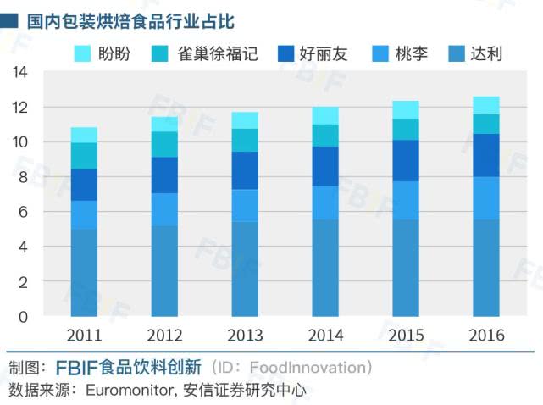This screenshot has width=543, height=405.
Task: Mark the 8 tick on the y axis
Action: coord(24,177)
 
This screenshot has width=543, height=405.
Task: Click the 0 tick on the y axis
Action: coord(24,316)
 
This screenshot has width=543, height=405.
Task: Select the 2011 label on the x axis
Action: coord(84,336)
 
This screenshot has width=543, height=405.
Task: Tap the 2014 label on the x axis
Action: coord(325,336)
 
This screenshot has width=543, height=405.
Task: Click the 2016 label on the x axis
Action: coord(485,336)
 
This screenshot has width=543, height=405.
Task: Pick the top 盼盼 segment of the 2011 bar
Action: coord(84,135)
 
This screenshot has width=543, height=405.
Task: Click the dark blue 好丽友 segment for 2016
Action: coord(485,155)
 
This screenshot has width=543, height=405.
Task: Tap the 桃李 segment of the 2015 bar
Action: coord(405,200)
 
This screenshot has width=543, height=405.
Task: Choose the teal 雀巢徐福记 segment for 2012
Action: coord(164,144)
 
